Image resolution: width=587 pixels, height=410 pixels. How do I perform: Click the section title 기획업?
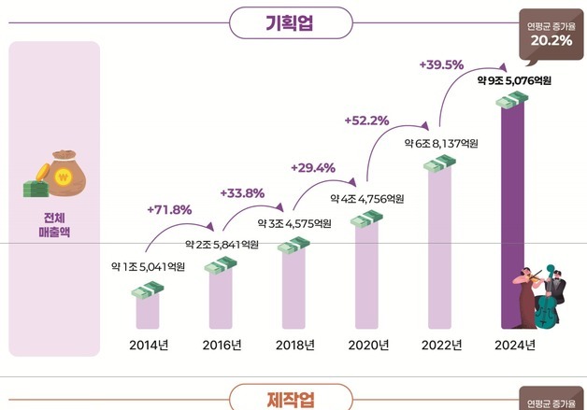click(294, 21)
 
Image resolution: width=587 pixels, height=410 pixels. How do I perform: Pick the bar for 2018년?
click(294, 290)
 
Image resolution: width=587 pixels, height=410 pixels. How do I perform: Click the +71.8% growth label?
click(169, 208)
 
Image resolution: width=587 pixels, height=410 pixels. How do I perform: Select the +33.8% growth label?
click(242, 193)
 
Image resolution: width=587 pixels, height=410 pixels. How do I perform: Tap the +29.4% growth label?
click(313, 167)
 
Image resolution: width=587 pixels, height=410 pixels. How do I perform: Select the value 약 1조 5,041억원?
click(147, 267)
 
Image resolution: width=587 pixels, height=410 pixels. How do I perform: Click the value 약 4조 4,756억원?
click(367, 198)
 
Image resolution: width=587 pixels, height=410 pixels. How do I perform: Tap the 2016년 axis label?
click(222, 346)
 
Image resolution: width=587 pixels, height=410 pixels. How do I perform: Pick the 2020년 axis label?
click(367, 346)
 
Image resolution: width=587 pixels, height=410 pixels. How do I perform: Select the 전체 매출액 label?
click(54, 224)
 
